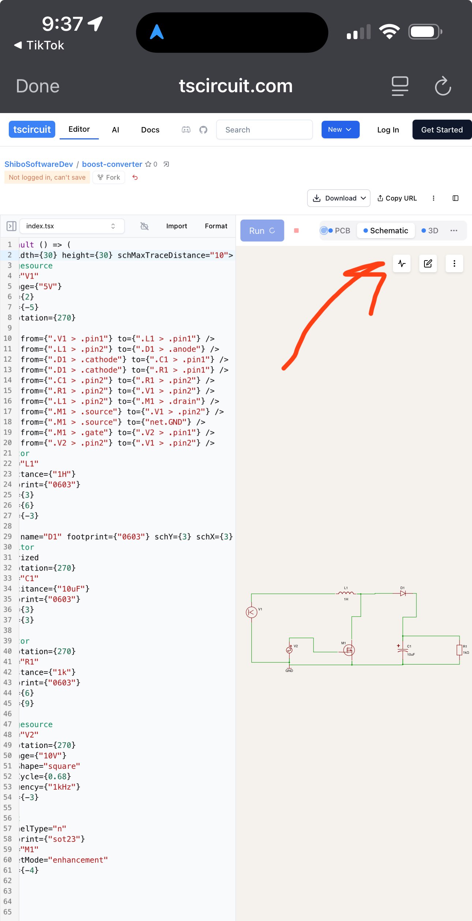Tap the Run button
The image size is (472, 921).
(262, 231)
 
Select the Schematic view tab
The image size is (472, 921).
(386, 231)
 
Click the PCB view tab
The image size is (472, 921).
(339, 231)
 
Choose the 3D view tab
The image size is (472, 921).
(430, 231)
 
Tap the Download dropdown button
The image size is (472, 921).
(339, 198)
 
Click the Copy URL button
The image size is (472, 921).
(397, 198)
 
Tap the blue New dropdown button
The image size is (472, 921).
(340, 130)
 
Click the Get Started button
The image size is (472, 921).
(442, 130)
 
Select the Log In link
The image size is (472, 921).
(388, 130)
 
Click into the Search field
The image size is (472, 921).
(264, 130)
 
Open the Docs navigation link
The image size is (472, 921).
(150, 130)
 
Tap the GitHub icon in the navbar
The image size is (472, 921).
(203, 130)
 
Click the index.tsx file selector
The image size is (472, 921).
(72, 226)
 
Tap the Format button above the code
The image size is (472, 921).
(216, 226)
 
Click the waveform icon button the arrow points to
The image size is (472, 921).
(402, 263)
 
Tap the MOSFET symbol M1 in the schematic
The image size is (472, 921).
(349, 650)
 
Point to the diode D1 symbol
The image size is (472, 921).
(403, 593)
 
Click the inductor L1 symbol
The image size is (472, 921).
(346, 593)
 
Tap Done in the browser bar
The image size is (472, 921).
(38, 86)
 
